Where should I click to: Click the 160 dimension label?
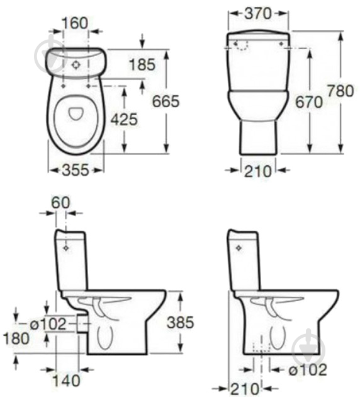[75, 23]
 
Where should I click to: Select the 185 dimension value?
[142, 64]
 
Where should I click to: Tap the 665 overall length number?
[166, 101]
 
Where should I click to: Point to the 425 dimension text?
[124, 119]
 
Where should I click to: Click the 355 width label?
[76, 170]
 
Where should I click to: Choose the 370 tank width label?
[258, 13]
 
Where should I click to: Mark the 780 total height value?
[340, 91]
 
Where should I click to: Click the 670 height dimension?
[309, 102]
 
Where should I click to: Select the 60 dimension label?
[60, 202]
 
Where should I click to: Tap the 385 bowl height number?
[180, 322]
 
